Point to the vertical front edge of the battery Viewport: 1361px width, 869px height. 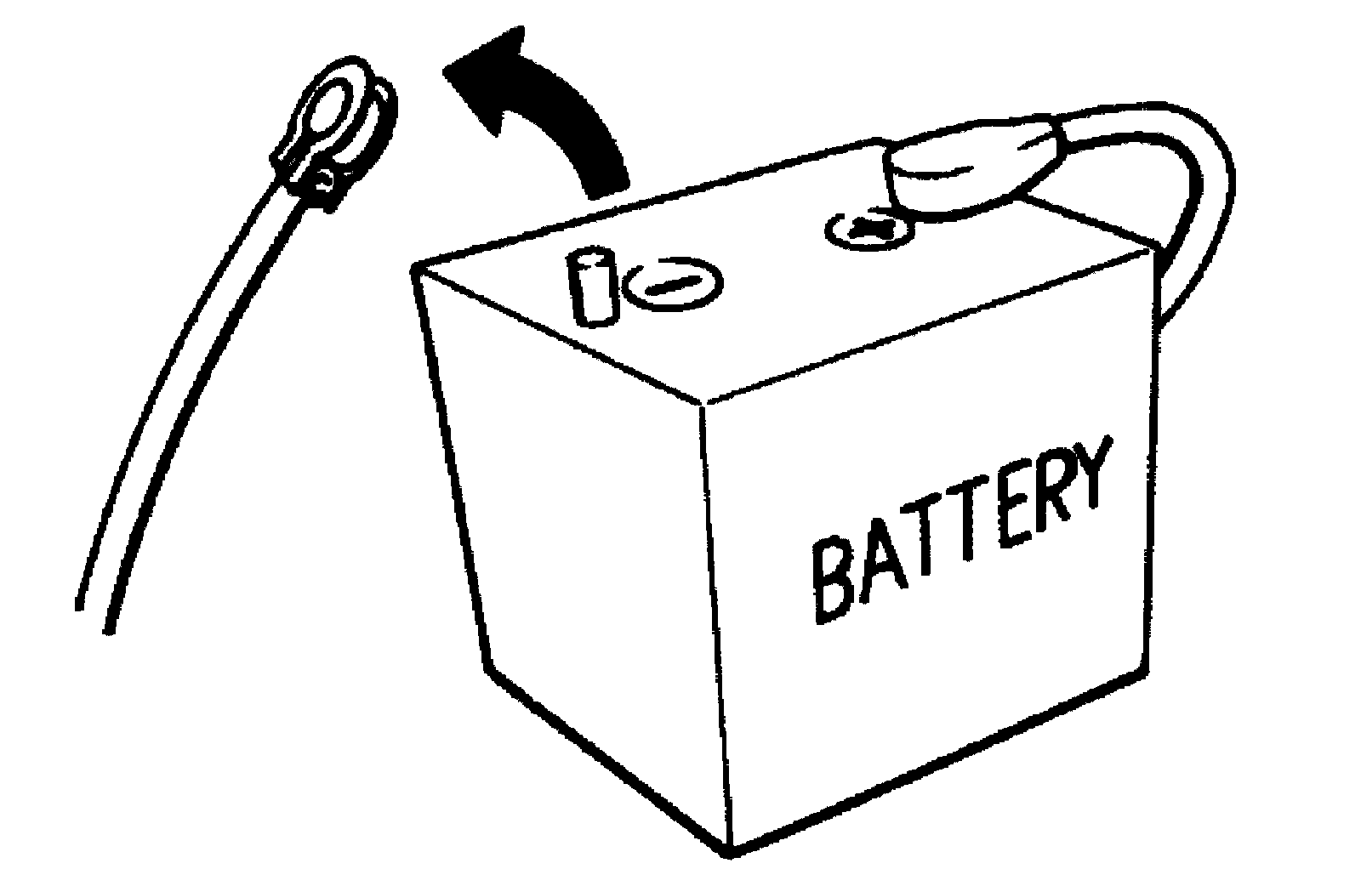[x=715, y=621]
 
